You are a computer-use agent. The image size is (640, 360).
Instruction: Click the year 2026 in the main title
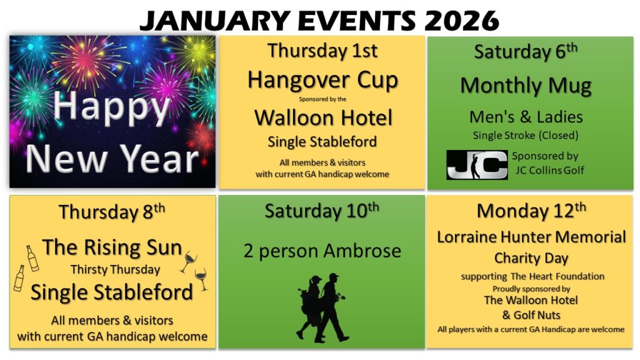[462, 21]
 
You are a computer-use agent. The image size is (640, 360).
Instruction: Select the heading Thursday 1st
[322, 51]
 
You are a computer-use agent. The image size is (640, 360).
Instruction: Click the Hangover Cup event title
[322, 80]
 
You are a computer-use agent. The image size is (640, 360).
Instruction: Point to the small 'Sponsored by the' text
[322, 99]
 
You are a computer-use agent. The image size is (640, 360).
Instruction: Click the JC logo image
[477, 165]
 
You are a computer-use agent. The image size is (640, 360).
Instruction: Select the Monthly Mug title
[526, 86]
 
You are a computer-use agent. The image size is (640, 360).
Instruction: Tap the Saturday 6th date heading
[526, 51]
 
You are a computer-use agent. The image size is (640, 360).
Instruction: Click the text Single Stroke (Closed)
[526, 135]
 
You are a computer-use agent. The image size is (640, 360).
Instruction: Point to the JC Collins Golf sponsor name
[550, 170]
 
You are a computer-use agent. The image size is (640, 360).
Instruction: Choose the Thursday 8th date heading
[112, 211]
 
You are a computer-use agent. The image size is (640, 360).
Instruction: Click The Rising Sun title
[112, 247]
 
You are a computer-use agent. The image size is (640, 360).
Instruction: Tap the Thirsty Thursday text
[115, 270]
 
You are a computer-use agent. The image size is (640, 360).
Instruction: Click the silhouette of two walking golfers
[322, 307]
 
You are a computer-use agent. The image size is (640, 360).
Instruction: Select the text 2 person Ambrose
[322, 251]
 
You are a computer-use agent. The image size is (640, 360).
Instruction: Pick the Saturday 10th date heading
[322, 211]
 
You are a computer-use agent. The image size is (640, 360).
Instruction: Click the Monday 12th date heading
[531, 211]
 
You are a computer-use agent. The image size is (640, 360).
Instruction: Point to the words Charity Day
[531, 258]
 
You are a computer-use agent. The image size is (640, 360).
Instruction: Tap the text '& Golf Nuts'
[531, 315]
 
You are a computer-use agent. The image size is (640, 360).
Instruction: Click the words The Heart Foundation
[557, 276]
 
